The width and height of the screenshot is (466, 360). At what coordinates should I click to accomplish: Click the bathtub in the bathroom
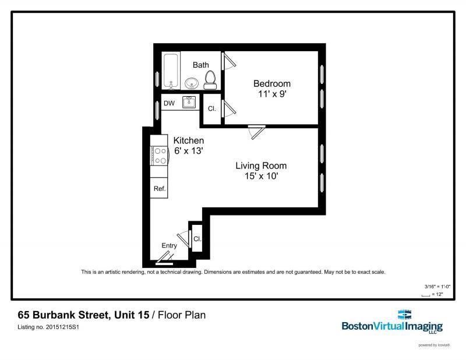171,72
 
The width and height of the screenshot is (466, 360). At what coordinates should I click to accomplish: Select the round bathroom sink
192,83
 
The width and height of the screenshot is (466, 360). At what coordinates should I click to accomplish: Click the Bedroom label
271,84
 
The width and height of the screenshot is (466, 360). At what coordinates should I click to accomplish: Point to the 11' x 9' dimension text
271,94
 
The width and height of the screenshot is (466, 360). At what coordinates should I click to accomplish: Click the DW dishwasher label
169,104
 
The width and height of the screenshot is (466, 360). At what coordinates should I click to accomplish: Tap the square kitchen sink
189,103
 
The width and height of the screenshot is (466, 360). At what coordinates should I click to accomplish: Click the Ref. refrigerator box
159,189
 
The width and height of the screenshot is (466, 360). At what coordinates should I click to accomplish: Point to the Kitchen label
189,141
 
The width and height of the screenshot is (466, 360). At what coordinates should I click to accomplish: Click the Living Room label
261,166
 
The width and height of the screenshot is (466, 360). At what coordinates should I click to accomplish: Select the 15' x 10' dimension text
261,176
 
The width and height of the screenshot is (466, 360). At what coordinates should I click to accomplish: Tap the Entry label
169,246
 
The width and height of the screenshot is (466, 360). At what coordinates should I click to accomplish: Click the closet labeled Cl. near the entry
197,239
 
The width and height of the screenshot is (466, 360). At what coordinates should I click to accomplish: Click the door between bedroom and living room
256,130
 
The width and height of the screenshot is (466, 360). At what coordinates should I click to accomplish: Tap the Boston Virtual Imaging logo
392,322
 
